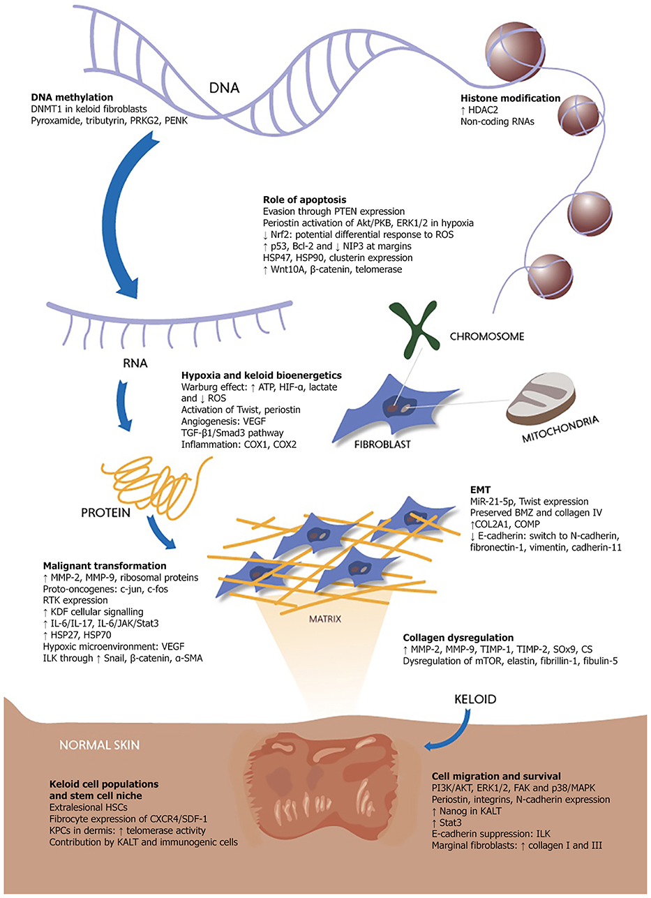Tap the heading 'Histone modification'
511,99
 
